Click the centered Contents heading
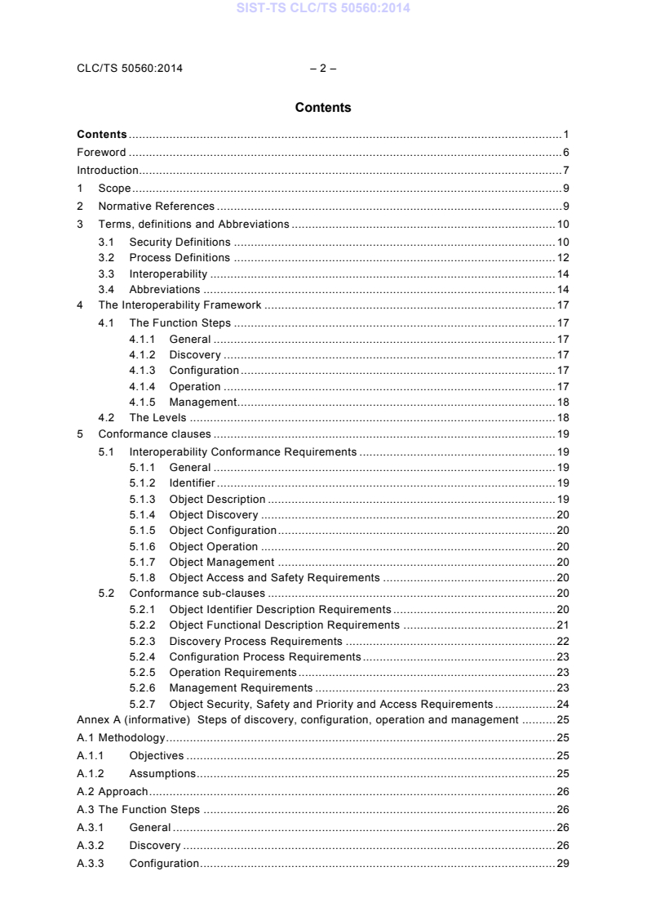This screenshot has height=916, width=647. [x=323, y=108]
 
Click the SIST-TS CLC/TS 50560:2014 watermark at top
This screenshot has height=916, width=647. [x=323, y=9]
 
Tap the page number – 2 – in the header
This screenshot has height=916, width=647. [x=323, y=69]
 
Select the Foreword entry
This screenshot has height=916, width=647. [x=101, y=153]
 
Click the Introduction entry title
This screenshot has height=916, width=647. [x=108, y=171]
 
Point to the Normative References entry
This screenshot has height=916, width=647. [x=157, y=207]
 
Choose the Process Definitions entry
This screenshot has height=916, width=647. [x=179, y=258]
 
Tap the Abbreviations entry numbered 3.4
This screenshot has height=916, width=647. [x=164, y=289]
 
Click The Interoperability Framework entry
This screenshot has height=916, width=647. [x=179, y=305]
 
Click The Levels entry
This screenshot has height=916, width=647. [x=157, y=418]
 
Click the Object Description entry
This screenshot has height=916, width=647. [x=217, y=499]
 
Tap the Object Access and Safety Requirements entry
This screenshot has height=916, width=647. [x=274, y=578]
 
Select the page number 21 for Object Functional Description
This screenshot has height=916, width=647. [x=563, y=625]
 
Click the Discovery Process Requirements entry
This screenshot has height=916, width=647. [x=255, y=641]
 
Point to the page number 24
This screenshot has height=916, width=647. [x=563, y=704]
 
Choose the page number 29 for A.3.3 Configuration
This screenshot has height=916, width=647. [x=563, y=864]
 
